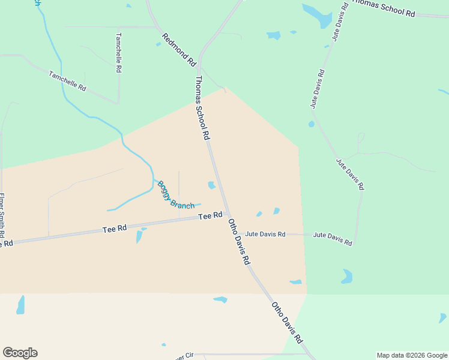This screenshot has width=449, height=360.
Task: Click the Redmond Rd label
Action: pos(179,49)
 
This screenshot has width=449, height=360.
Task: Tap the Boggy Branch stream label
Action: pos(176,194)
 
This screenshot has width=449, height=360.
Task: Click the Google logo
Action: pos(20,353)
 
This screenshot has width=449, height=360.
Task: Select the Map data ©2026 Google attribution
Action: pos(412,355)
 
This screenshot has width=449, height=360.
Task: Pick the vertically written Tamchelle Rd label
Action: pos(119,53)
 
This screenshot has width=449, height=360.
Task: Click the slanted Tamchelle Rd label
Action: pos(68,81)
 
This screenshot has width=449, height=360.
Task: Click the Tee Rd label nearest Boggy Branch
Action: pos(211,215)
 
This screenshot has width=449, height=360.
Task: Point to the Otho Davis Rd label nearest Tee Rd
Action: pos(239,242)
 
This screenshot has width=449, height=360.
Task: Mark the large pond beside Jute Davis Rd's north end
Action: pos(317,16)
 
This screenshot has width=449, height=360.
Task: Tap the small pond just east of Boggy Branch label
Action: pos(211,185)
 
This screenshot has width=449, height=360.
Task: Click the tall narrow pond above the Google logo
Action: pos(21,305)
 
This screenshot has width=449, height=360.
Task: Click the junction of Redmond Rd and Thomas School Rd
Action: pos(199,64)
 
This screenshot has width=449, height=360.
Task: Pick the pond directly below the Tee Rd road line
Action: pos(139,236)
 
